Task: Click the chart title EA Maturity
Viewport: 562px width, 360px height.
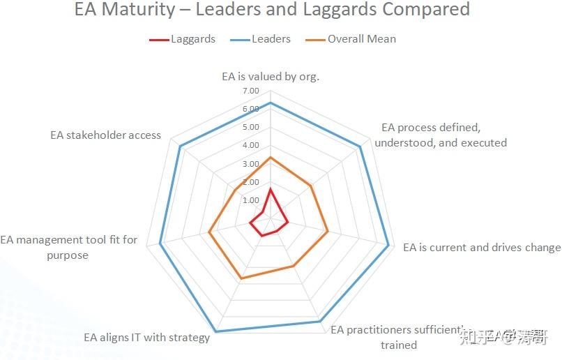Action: tap(272, 10)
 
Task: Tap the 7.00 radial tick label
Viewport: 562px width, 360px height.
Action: tap(250, 91)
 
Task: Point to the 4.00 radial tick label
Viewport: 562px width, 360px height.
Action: tap(250, 146)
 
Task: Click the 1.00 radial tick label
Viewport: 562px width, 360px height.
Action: tap(250, 200)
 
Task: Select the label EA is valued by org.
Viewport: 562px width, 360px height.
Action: tap(271, 76)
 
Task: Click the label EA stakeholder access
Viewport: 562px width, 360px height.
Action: tap(105, 135)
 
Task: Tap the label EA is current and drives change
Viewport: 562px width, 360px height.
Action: tap(481, 247)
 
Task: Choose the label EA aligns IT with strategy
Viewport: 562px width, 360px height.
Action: tap(147, 338)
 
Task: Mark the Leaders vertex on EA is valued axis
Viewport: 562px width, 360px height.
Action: tap(270, 103)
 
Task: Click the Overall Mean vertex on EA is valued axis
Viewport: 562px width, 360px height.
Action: tap(270, 158)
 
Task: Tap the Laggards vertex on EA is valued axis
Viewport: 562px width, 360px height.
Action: tap(270, 189)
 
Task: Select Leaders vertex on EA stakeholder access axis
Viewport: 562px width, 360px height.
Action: tap(179, 146)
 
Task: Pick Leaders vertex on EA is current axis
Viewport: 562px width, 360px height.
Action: tap(388, 244)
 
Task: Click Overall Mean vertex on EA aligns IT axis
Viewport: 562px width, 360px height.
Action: tap(241, 279)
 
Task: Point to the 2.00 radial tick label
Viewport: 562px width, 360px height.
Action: tap(250, 182)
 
